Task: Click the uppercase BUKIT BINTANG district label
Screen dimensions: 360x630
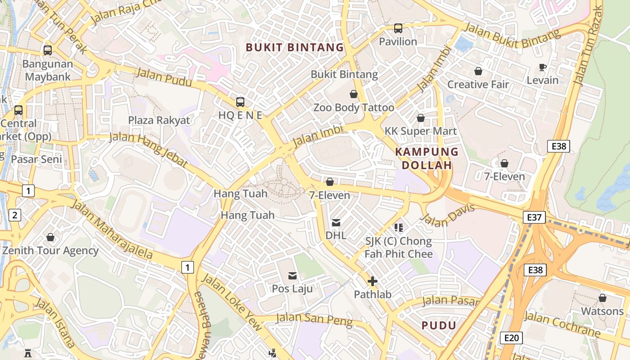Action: [x=295, y=47]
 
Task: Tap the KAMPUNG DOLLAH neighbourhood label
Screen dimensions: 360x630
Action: [x=426, y=158]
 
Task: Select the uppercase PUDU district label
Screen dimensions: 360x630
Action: [x=439, y=325]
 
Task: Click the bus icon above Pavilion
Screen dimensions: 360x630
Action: [x=398, y=28]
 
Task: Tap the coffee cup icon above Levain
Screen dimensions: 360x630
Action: [x=543, y=67]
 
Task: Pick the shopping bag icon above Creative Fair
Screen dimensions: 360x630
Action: [x=478, y=71]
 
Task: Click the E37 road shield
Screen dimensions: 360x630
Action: [x=534, y=217]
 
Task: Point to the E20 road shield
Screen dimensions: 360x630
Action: [x=511, y=338]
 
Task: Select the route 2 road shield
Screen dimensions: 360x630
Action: [x=14, y=215]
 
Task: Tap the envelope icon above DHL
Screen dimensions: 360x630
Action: [x=336, y=222]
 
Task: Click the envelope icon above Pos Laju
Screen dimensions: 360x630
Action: [x=292, y=275]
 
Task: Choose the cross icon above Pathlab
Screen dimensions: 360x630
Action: [x=372, y=282]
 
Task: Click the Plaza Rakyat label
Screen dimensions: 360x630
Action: [x=159, y=120]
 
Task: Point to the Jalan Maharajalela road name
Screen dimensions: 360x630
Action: [x=112, y=230]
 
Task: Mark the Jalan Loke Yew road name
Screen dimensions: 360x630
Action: [x=231, y=301]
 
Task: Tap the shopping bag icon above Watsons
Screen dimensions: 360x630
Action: [x=602, y=298]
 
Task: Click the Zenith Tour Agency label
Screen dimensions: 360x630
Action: [x=50, y=251]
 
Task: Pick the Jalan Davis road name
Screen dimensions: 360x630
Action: [x=447, y=216]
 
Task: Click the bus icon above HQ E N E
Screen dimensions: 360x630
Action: [x=240, y=102]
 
